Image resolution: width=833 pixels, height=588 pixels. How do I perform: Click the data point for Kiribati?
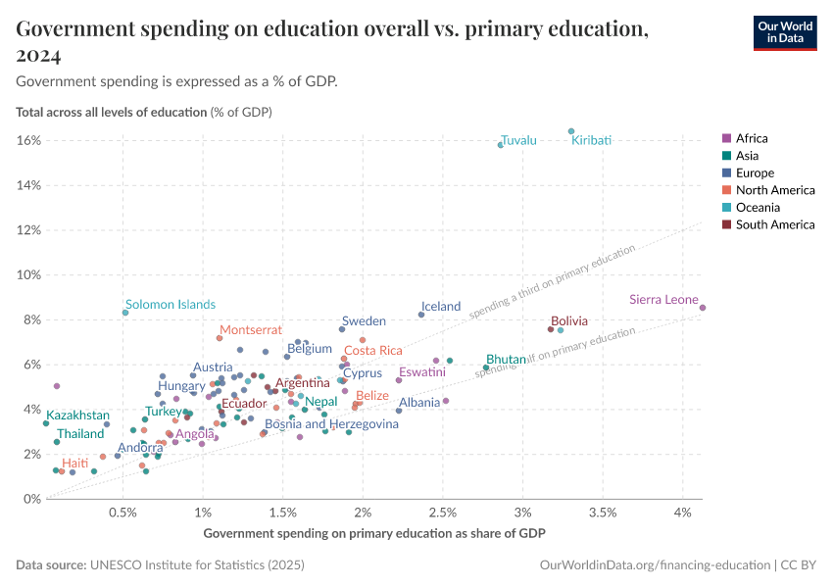point(571,131)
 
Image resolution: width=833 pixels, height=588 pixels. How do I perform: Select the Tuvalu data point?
point(501,145)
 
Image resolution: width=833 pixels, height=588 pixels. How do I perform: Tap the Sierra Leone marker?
point(703,308)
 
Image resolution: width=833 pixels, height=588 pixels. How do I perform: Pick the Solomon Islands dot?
point(125,313)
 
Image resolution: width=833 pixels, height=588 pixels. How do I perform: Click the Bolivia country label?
point(569,320)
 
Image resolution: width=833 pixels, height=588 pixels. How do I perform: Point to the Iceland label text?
point(440,306)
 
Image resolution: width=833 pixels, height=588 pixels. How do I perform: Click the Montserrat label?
point(250,330)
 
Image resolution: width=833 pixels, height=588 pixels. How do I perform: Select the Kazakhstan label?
point(78,416)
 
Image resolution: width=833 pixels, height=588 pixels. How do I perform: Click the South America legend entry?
point(774,225)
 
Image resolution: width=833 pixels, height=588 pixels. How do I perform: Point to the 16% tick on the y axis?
point(29,140)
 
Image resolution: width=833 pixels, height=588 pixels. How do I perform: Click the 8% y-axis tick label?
point(32,319)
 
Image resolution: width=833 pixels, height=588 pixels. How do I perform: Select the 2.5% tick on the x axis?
point(443,513)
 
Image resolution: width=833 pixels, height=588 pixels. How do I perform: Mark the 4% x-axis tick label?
point(683,513)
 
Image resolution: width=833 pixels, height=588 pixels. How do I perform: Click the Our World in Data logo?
point(785,31)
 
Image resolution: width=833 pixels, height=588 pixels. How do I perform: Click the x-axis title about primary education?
point(374,533)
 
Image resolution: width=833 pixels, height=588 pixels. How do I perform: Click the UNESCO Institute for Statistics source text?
point(196,565)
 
